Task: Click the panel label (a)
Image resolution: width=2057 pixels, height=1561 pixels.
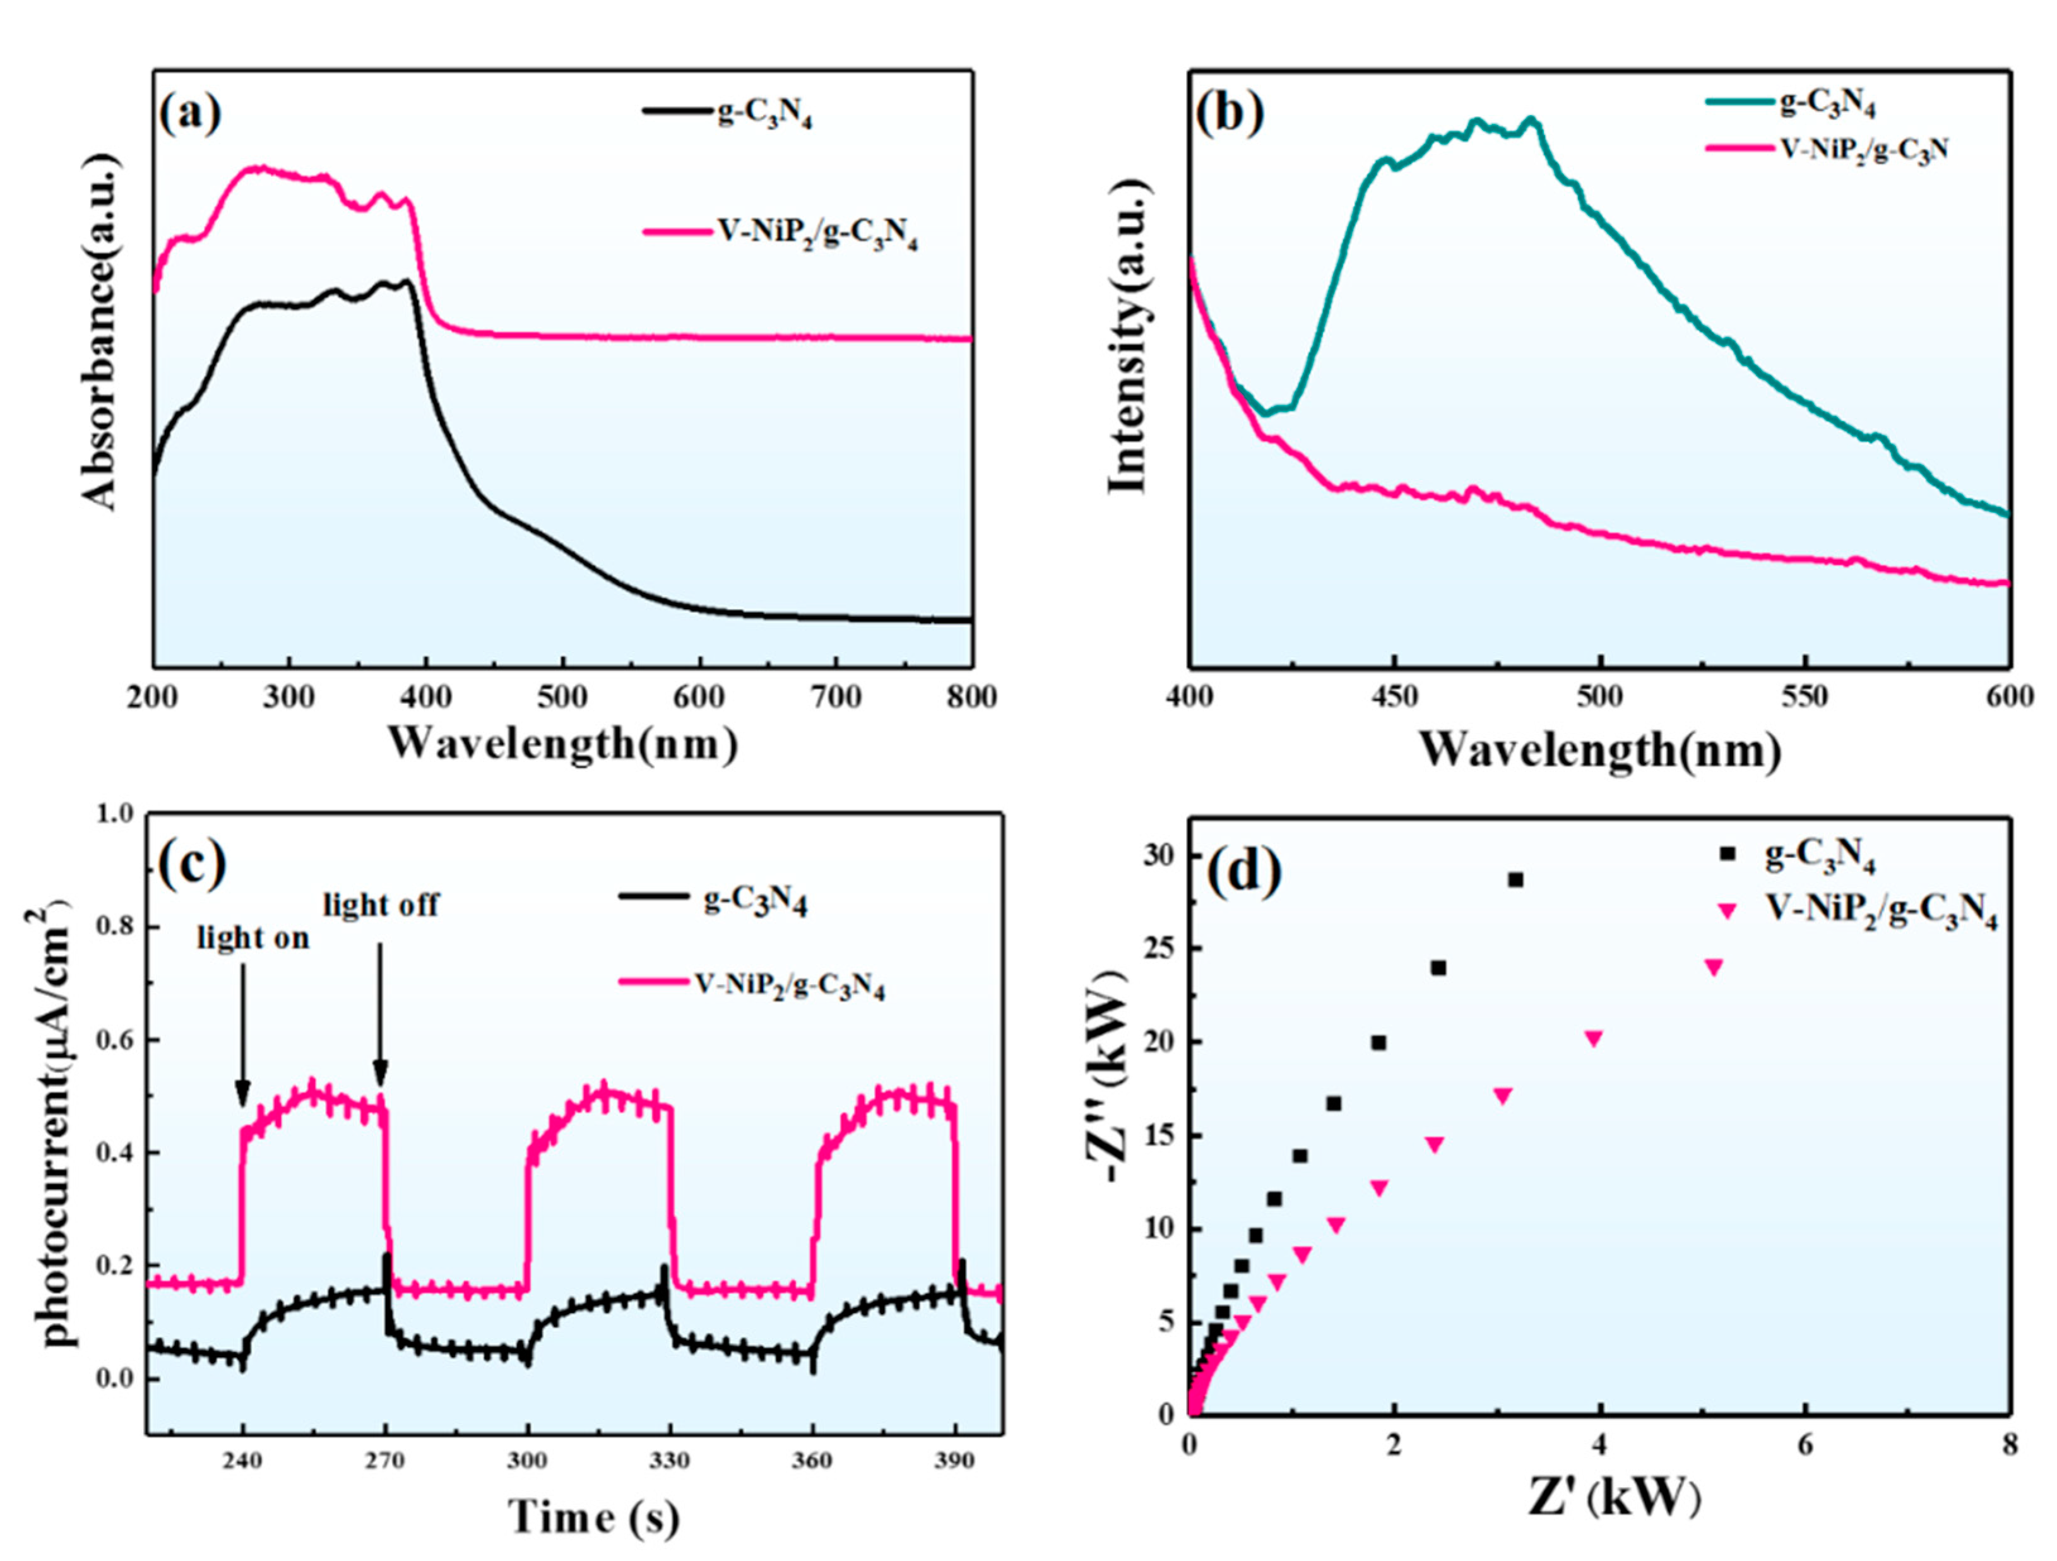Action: click(x=191, y=114)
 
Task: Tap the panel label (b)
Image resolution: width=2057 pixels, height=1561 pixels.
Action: click(x=1230, y=114)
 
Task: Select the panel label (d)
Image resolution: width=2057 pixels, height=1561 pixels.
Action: click(x=1244, y=871)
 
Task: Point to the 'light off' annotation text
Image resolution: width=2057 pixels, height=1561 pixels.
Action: click(x=381, y=905)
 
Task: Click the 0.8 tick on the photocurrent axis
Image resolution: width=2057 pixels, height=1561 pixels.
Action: click(x=116, y=927)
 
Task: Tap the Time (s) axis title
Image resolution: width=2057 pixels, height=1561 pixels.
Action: click(x=593, y=1518)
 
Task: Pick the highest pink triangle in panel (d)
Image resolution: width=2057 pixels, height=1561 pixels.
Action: click(x=1714, y=967)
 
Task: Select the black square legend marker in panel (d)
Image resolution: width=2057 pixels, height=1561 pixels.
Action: click(x=1728, y=853)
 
